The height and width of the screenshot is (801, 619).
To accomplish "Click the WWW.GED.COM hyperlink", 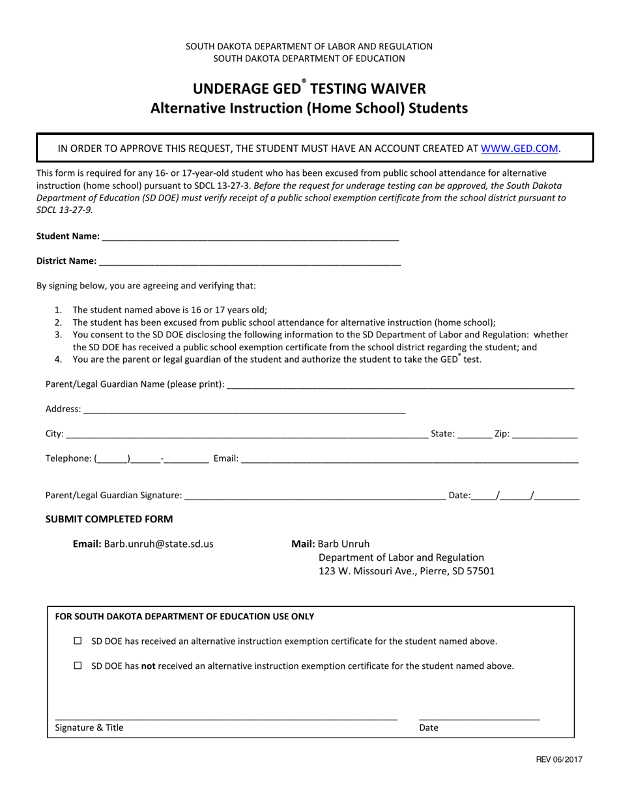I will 519,148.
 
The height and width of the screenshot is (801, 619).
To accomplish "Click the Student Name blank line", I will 250,237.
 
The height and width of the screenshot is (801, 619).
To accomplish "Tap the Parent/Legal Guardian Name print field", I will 399,385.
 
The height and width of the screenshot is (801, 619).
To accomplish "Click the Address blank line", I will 244,410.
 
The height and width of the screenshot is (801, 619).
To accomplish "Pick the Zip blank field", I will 545,434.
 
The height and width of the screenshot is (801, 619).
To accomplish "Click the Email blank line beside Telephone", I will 409,459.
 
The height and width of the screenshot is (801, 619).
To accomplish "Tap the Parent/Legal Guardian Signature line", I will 315,496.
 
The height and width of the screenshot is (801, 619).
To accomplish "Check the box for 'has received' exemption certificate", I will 78,641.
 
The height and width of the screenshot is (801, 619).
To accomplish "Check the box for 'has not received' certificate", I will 78,666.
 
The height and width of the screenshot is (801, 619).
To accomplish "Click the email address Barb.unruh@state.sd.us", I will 158,544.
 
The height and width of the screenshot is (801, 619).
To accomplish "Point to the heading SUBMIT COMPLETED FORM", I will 109,519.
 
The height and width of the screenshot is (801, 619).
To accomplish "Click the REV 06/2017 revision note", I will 559,759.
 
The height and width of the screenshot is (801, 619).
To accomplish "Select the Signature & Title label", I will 89,728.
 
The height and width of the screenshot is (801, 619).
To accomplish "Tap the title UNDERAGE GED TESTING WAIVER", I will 309,89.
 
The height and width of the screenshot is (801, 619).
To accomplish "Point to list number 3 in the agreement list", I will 58,335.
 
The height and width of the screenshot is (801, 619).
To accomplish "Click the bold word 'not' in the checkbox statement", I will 149,666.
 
